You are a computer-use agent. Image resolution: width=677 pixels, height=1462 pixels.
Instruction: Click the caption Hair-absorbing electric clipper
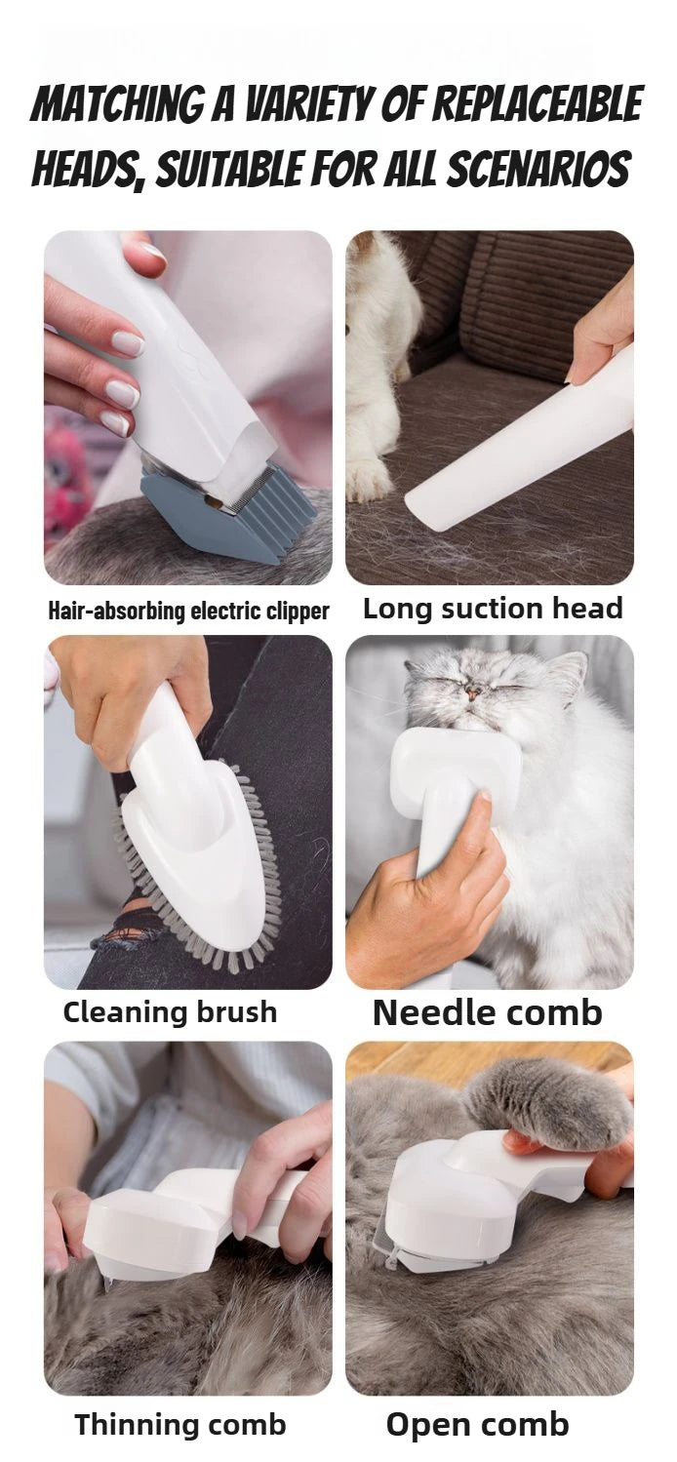[x=188, y=612]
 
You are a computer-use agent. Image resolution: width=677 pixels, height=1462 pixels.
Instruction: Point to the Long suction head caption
[x=492, y=609]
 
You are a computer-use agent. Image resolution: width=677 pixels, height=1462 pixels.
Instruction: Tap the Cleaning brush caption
[x=170, y=1012]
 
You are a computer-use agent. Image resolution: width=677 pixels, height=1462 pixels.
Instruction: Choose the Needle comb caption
[x=487, y=1013]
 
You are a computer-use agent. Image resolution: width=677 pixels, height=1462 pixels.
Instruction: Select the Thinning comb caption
[x=180, y=1425]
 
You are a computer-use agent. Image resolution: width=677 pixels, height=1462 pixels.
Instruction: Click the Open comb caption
[x=477, y=1425]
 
